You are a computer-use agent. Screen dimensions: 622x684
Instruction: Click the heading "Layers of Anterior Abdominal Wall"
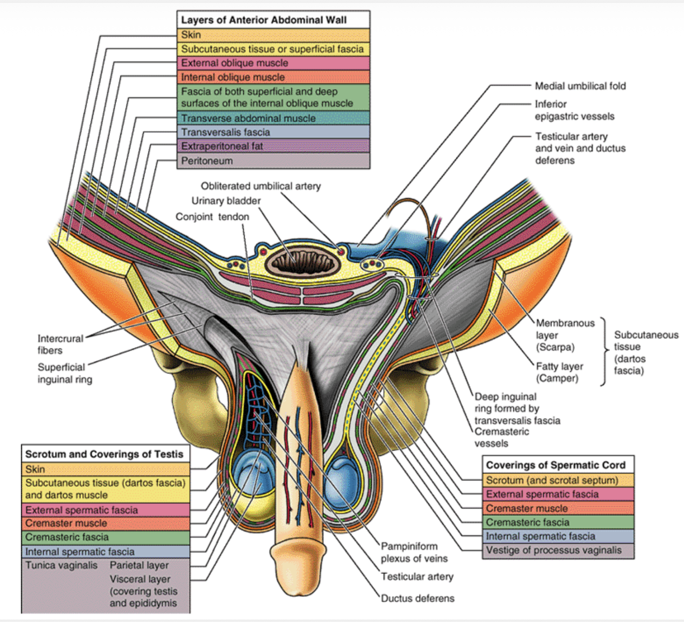[264, 20]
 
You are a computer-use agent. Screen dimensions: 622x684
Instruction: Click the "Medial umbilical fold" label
[580, 86]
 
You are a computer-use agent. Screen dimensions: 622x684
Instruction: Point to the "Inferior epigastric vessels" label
[574, 110]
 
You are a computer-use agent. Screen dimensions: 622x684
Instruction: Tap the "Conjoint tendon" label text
[212, 217]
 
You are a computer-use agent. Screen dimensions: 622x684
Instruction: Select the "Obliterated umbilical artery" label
[261, 186]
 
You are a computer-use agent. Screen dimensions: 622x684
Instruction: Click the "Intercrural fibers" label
[60, 344]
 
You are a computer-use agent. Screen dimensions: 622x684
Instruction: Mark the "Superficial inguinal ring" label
[65, 373]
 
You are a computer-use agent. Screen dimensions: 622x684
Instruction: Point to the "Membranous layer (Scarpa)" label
[565, 335]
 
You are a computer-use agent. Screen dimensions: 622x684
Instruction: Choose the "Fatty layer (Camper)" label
[559, 372]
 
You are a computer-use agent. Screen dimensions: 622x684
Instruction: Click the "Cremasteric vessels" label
[501, 437]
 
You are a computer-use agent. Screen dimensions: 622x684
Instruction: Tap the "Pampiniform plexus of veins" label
[414, 552]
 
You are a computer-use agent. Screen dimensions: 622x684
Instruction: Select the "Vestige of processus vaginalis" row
[554, 550]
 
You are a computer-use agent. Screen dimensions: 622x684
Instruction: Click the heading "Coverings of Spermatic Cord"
[556, 465]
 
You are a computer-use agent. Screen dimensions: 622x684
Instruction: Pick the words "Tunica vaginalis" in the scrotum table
[61, 565]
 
